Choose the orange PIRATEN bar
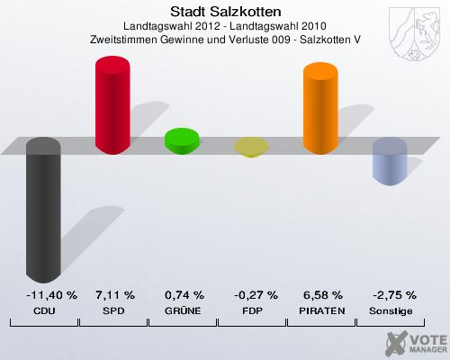pyautogui.click(x=319, y=105)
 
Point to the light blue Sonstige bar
pyautogui.click(x=389, y=161)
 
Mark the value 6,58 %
pyautogui.click(x=319, y=294)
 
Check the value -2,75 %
pyautogui.click(x=389, y=294)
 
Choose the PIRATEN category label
pyautogui.click(x=319, y=310)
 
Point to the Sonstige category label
pyautogui.click(x=389, y=310)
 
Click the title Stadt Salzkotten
pyautogui.click(x=225, y=12)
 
